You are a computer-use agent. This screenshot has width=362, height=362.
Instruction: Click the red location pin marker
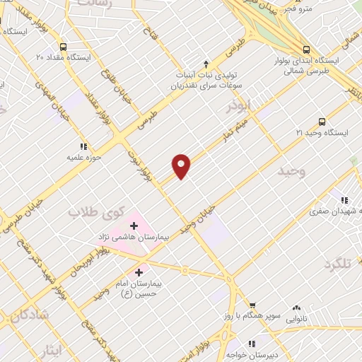(x=182, y=165)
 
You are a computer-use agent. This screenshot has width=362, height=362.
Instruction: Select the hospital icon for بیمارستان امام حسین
(x=139, y=271)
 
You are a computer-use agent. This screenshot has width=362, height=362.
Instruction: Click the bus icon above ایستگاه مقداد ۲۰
(x=63, y=45)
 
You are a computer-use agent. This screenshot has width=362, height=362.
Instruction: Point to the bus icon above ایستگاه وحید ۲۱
(x=322, y=121)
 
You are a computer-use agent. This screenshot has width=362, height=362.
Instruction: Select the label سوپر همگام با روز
(x=259, y=312)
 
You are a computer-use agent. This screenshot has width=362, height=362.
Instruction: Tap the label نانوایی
(x=297, y=320)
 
